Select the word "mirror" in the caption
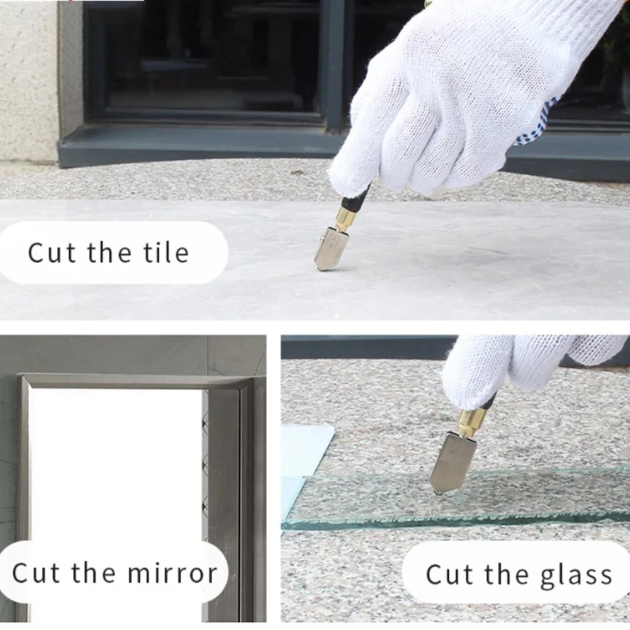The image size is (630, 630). point(173,573)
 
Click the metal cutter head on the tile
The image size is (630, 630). point(330,249)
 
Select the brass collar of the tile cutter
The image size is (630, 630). point(345,218)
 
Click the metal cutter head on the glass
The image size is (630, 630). point(453,463)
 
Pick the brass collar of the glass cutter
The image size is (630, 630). point(471,424)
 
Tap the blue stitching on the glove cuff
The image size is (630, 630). point(535,123)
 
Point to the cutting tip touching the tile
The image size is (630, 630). point(320,268)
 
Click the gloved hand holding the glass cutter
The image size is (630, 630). point(526,366)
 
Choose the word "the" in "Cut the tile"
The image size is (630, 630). point(109,253)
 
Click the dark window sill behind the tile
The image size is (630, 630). point(201,145)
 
